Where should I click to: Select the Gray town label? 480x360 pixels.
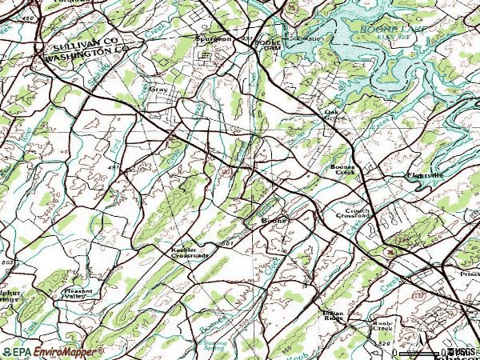coord(159,90)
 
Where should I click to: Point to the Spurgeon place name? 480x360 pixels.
coord(214,38)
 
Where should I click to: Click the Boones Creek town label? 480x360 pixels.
coord(343,170)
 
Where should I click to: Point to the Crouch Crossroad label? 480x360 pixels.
coord(353,214)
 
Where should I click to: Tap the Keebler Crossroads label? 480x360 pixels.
coord(189,252)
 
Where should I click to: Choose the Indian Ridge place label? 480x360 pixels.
coord(334,315)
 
